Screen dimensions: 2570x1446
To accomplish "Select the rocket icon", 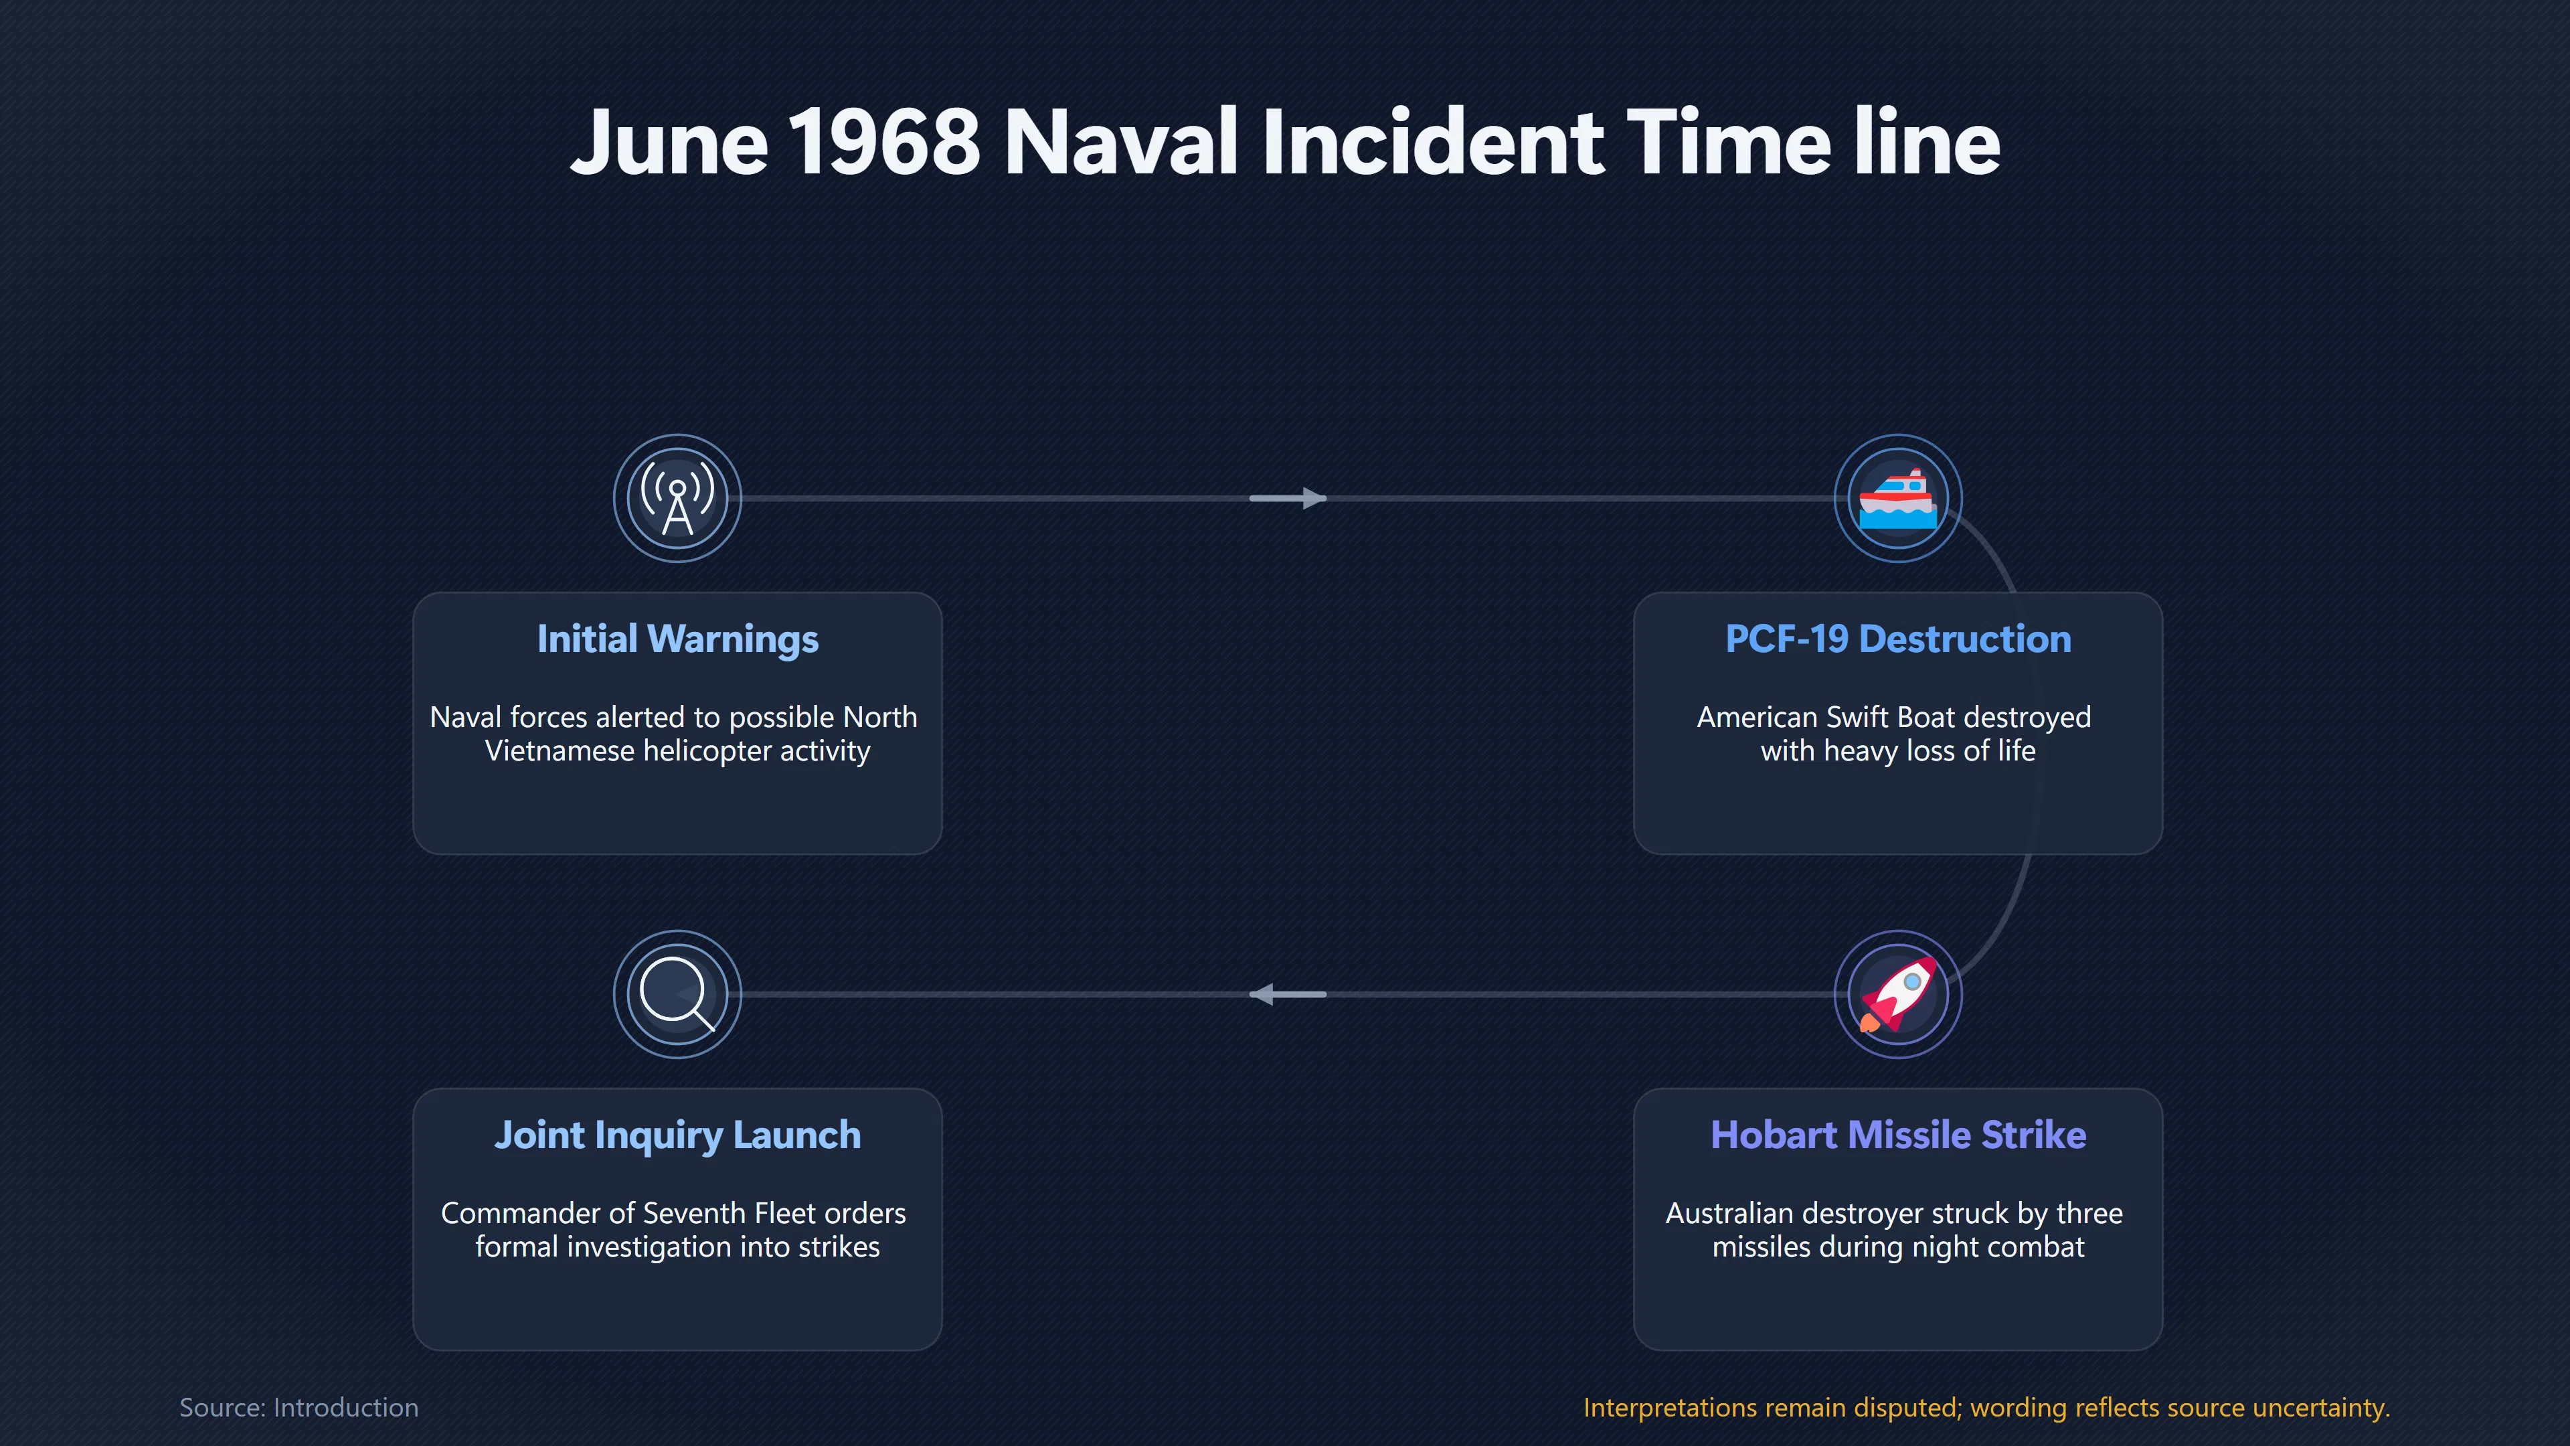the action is (1897, 994).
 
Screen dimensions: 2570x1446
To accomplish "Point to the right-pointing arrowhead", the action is (1314, 498).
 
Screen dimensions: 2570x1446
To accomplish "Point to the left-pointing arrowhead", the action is (1262, 994).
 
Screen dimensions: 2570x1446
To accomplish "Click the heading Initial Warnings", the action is (677, 639).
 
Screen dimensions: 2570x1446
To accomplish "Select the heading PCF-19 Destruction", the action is (1897, 639).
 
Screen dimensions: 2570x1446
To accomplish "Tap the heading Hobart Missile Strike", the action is (1897, 1135).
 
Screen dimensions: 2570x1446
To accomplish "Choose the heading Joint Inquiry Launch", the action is (677, 1135).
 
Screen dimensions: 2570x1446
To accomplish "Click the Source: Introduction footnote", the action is (298, 1407).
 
